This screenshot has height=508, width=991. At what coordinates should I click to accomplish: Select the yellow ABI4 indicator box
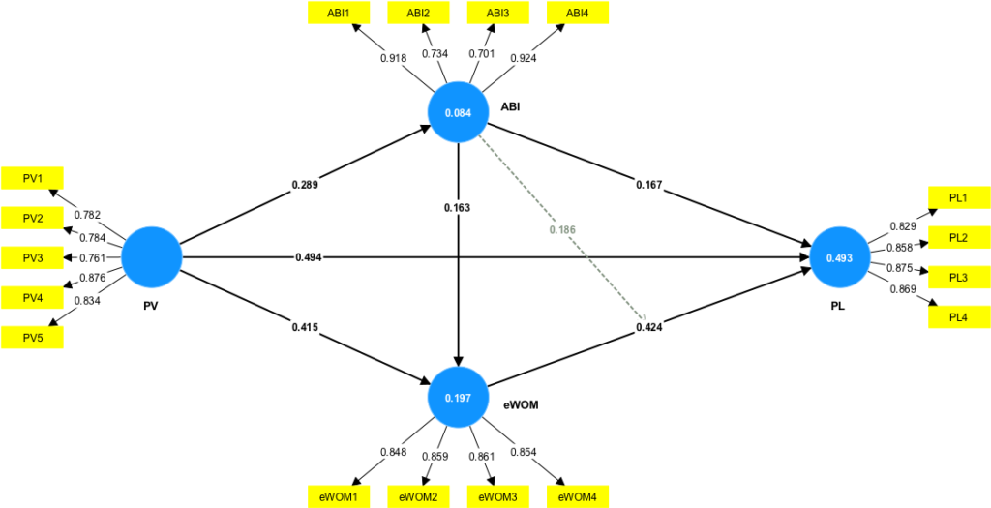(x=578, y=13)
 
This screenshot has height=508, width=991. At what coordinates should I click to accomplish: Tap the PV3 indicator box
(x=33, y=257)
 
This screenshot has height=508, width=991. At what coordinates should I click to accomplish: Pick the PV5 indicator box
(x=33, y=337)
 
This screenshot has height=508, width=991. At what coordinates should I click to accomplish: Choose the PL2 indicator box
(x=959, y=238)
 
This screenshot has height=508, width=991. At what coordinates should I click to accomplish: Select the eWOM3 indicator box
(x=498, y=496)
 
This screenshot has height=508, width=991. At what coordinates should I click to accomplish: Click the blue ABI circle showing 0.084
(x=458, y=113)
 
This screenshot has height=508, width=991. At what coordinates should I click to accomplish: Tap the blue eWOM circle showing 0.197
(x=458, y=398)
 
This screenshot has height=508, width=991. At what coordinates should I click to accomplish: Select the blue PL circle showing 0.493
(x=838, y=257)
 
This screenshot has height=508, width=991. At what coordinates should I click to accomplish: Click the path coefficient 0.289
(x=305, y=183)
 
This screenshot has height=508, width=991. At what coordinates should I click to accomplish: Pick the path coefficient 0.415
(x=305, y=327)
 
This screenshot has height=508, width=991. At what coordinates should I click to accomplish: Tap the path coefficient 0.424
(x=649, y=327)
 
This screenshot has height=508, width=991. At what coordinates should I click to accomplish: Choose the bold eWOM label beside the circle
(x=520, y=407)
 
